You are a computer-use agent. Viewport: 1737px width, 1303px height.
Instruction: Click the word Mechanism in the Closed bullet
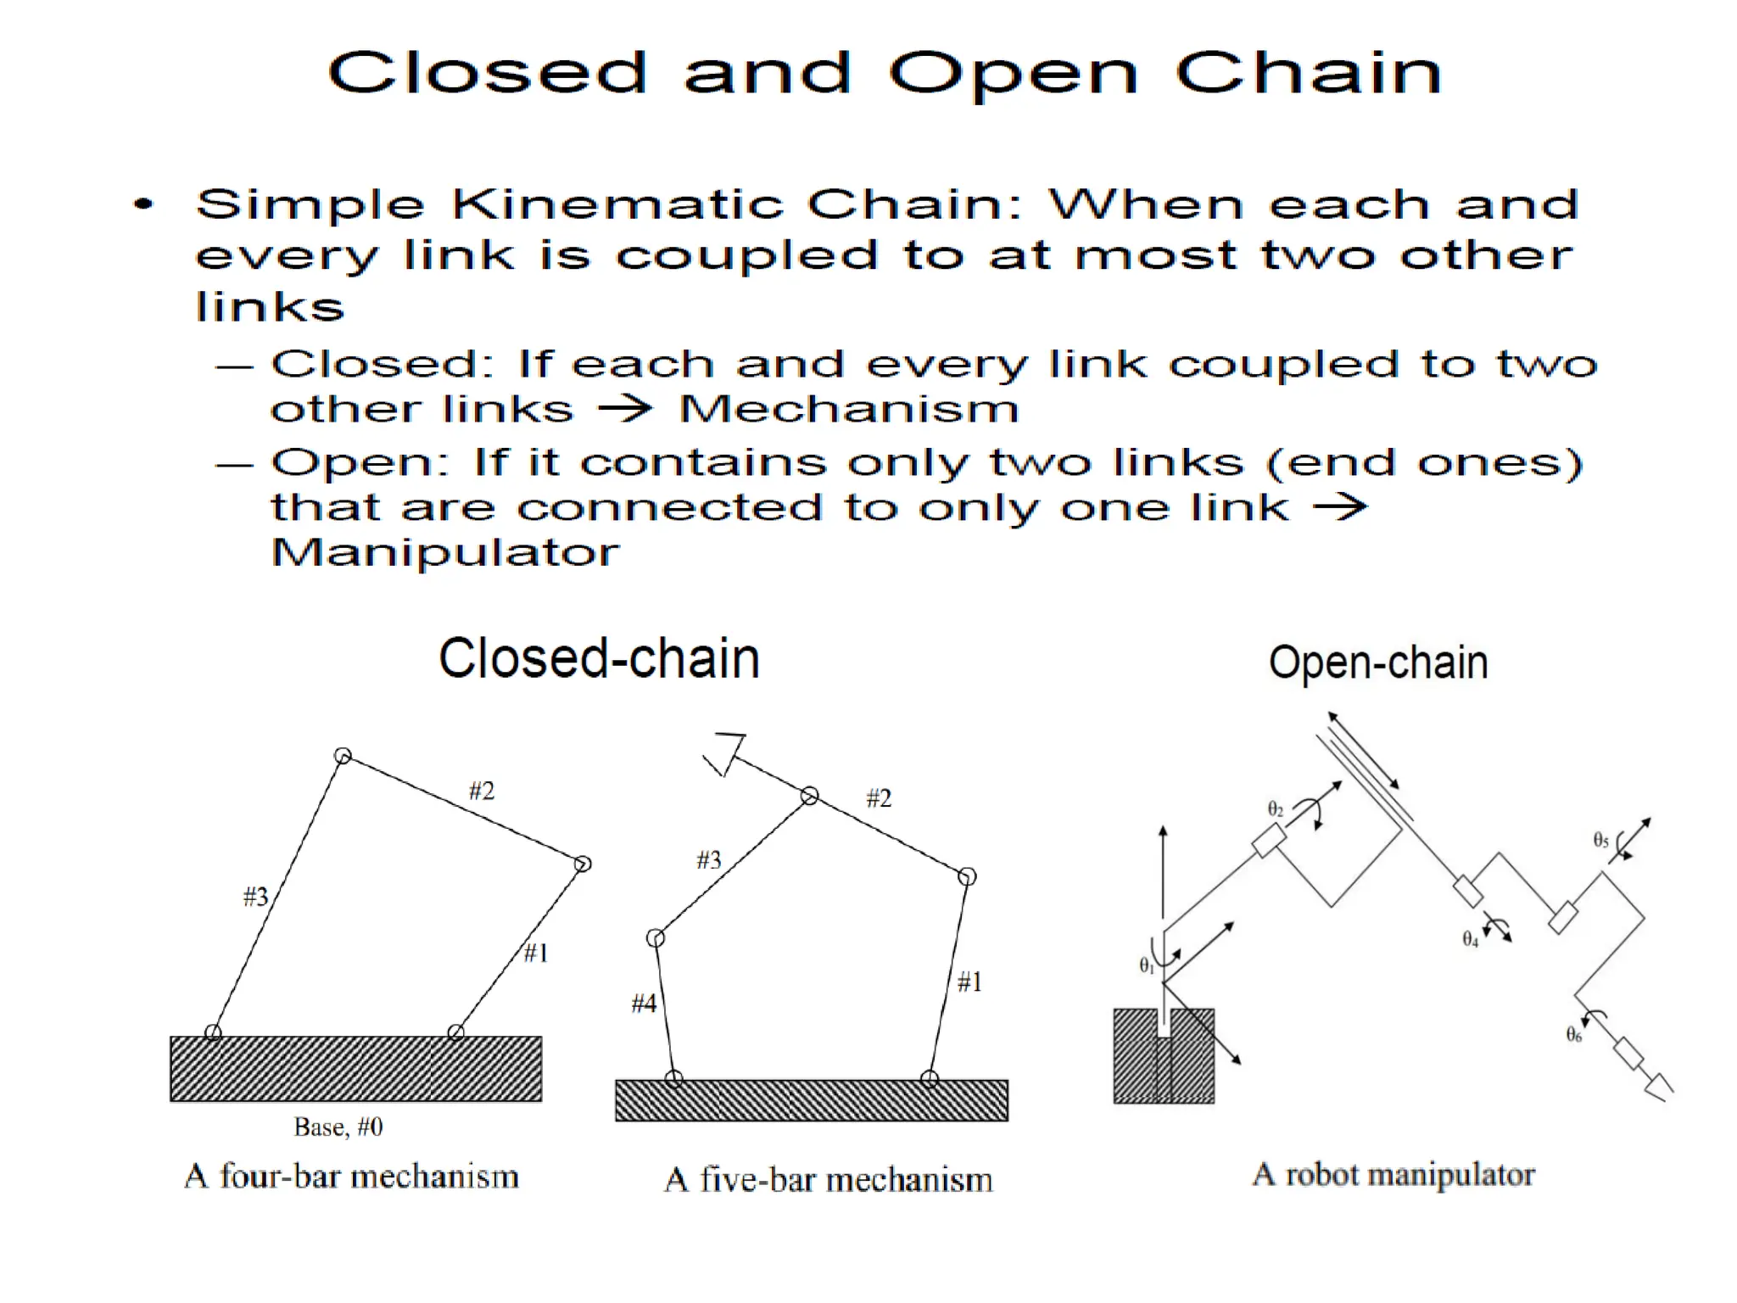point(849,410)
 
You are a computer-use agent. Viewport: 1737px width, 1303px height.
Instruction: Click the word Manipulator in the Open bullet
point(445,553)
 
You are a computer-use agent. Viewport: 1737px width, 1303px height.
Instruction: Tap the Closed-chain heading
point(599,659)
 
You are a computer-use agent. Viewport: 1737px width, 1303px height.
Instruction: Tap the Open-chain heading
point(1378,663)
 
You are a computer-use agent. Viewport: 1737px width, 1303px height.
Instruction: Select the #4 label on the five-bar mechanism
point(644,1004)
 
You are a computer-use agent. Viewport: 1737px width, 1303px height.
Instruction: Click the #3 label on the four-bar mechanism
point(255,897)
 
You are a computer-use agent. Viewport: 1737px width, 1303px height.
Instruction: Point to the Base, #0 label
point(338,1127)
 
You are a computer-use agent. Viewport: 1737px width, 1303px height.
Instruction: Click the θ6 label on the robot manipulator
point(1573,1035)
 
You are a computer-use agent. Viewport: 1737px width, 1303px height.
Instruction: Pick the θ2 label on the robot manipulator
point(1275,809)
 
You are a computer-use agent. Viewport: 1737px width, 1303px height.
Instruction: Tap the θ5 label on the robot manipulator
point(1600,841)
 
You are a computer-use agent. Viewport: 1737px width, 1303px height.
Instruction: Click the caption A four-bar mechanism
point(351,1177)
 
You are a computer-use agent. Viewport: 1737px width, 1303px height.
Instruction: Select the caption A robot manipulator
point(1394,1175)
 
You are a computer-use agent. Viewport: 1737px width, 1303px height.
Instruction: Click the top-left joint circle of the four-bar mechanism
point(343,756)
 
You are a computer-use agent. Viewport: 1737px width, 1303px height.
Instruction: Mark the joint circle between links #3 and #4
point(656,938)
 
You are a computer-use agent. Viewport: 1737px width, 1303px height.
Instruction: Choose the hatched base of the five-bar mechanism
point(812,1101)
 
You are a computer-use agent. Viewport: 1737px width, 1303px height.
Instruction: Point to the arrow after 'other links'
point(625,410)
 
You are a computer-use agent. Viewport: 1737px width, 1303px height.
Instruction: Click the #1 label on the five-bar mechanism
point(969,982)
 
